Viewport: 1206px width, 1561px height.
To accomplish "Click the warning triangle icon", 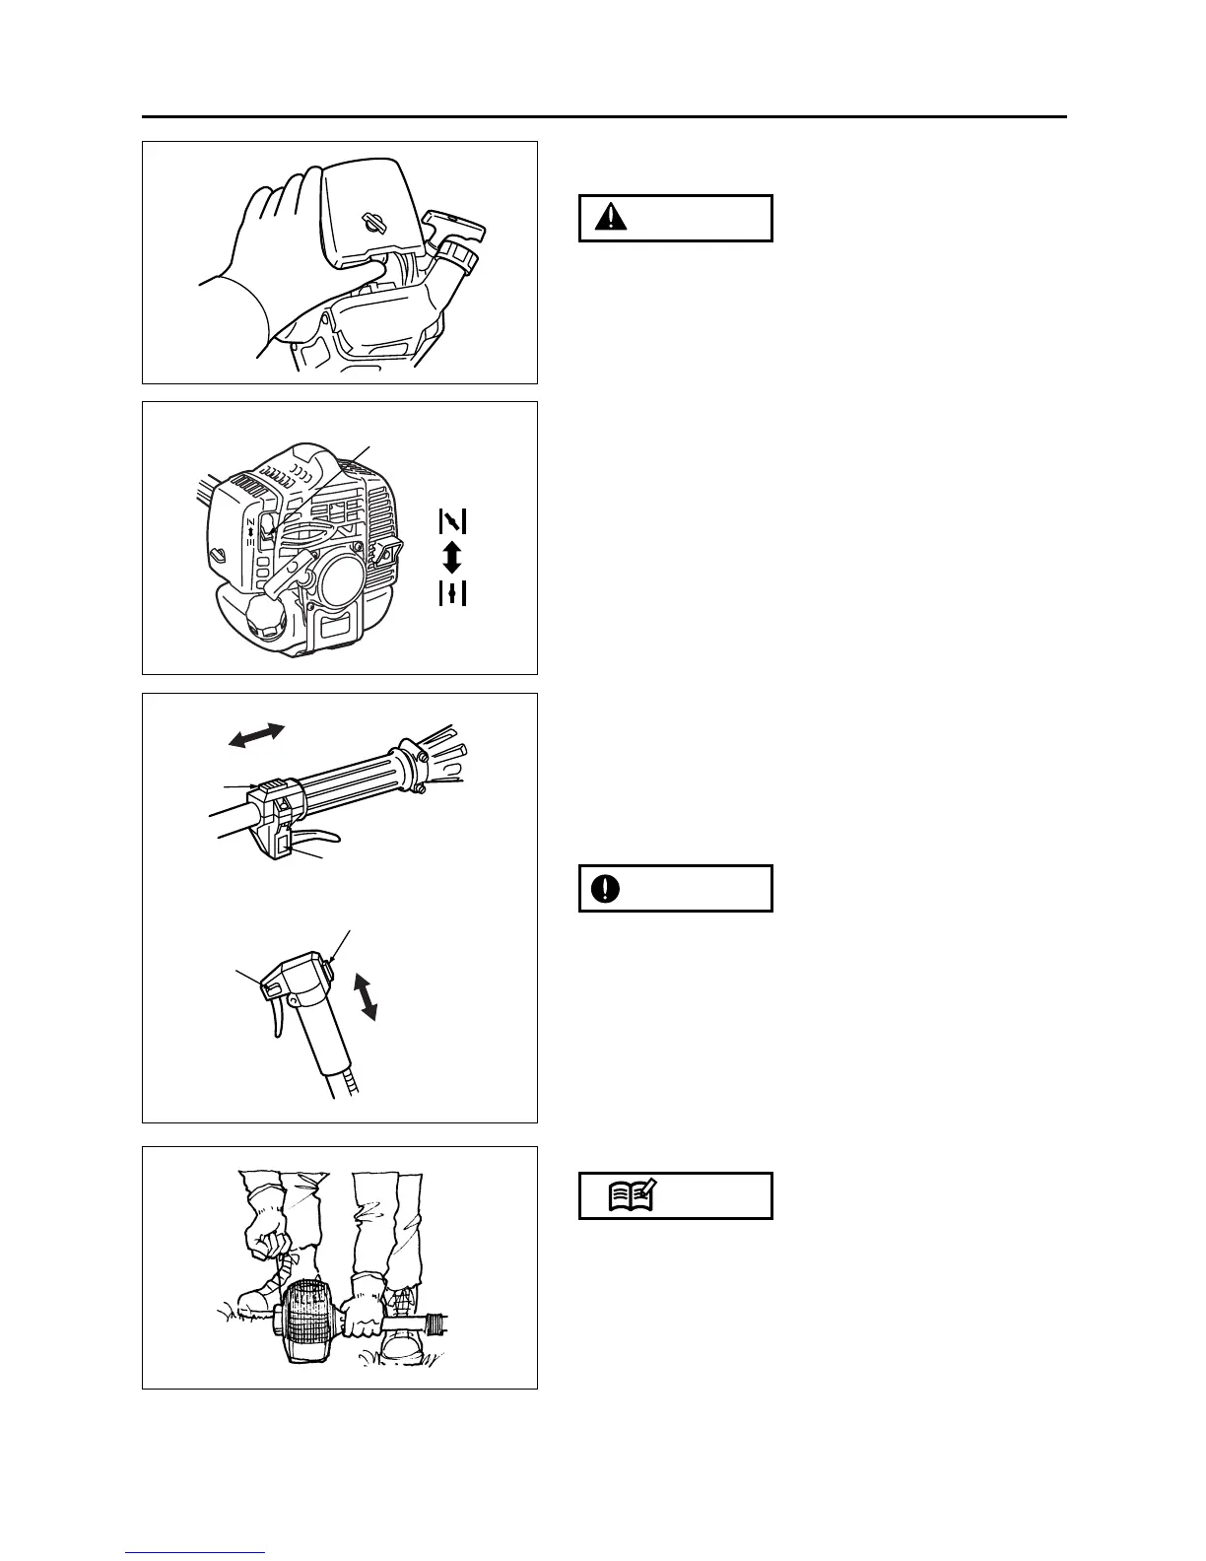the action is (x=612, y=218).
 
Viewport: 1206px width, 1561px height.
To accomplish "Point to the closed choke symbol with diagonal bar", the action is (x=452, y=519).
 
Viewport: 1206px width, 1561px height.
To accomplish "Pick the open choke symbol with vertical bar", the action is (x=452, y=594).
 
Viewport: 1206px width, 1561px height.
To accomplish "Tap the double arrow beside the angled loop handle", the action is (x=367, y=995).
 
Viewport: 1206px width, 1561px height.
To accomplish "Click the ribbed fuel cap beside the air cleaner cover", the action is (x=461, y=258).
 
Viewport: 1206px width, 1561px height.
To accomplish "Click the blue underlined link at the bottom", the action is (x=195, y=1552).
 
